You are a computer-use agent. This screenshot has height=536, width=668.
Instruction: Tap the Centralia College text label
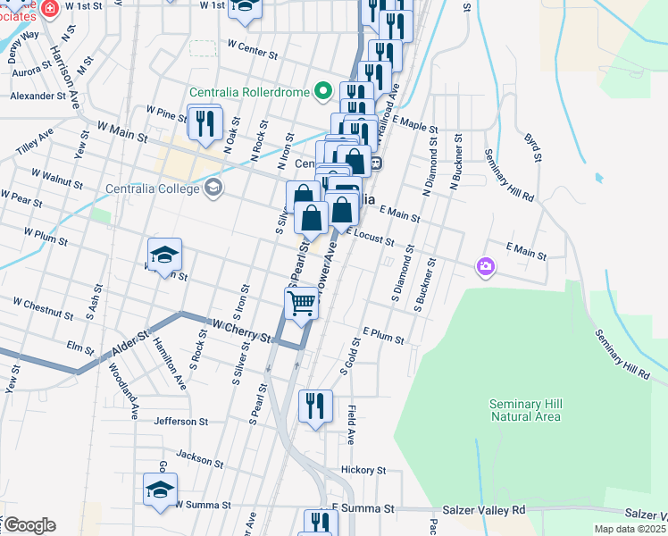click(154, 188)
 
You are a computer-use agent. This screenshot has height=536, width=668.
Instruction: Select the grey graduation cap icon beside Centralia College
click(213, 188)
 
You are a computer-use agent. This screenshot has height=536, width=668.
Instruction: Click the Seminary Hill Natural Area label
click(525, 410)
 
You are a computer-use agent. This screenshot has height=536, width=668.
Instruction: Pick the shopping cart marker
click(302, 304)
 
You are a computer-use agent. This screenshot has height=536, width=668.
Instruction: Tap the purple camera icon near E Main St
click(485, 266)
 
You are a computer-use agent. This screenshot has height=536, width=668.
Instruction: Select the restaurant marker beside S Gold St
click(315, 406)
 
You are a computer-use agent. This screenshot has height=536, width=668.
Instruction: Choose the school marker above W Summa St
click(161, 489)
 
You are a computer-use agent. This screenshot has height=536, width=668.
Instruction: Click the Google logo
click(29, 525)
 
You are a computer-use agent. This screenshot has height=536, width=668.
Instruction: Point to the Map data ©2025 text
click(630, 529)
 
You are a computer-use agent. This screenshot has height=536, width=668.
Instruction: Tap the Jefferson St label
click(180, 421)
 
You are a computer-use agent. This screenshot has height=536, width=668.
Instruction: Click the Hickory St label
click(363, 470)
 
